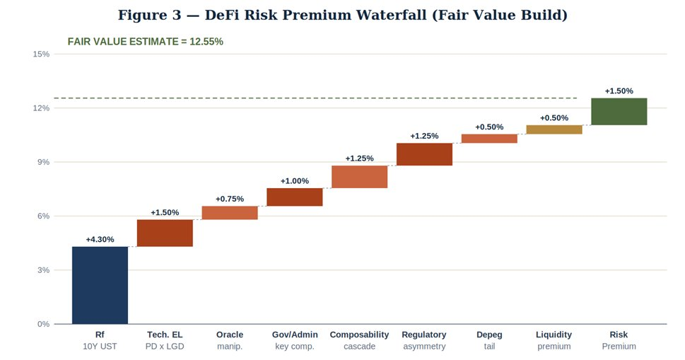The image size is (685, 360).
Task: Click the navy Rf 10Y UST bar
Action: (x=100, y=285)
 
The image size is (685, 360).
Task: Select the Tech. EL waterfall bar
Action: (x=165, y=233)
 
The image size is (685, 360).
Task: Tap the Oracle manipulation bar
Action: (x=230, y=213)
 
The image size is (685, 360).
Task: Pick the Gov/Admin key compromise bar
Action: (x=294, y=197)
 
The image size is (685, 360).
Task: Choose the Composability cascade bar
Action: (x=359, y=177)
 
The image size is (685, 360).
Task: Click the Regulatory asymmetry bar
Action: (x=424, y=154)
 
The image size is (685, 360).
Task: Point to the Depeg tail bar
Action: (x=489, y=139)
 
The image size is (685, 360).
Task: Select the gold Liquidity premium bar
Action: (x=554, y=129)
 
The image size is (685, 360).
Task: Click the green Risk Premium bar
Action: (x=619, y=112)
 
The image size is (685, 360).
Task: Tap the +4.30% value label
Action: (x=100, y=240)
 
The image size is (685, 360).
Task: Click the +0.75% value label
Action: (x=230, y=199)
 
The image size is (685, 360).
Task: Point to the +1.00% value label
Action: (x=294, y=181)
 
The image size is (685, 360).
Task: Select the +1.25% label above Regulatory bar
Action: (x=424, y=136)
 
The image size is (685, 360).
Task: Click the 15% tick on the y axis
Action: (x=42, y=54)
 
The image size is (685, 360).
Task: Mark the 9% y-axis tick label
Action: (x=44, y=162)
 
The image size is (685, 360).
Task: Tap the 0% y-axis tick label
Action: (x=44, y=324)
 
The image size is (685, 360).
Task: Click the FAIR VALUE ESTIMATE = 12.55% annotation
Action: (x=145, y=42)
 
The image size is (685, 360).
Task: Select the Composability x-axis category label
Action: (x=359, y=335)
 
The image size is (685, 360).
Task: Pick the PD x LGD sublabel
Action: (x=165, y=347)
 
